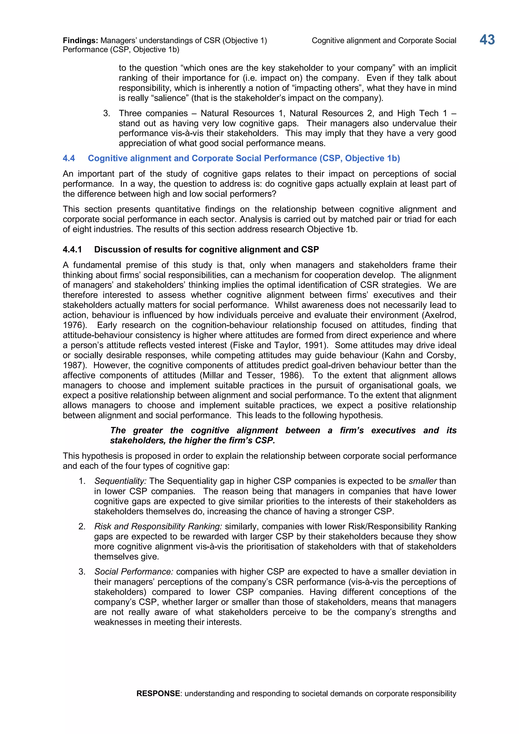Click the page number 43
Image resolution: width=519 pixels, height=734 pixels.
[487, 40]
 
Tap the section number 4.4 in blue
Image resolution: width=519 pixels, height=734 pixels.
[69, 158]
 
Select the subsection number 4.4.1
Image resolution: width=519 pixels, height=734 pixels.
[72, 250]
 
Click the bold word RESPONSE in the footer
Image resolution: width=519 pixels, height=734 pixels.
[158, 693]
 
